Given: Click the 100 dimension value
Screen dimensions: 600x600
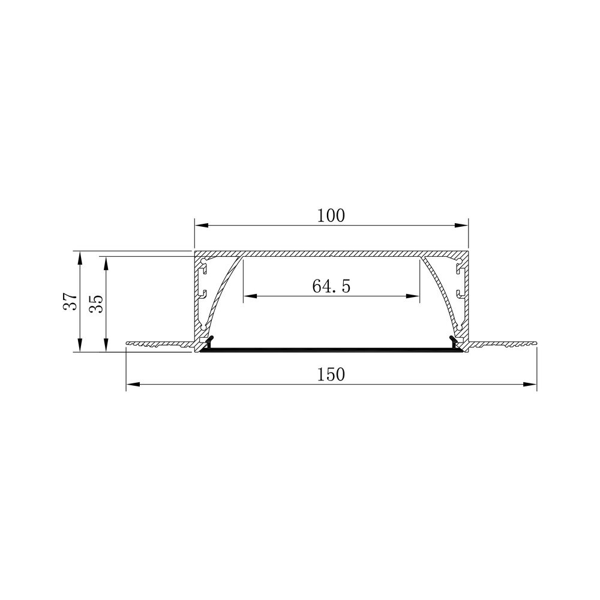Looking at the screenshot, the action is point(331,216).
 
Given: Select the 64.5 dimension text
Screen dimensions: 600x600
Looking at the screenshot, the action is point(331,286).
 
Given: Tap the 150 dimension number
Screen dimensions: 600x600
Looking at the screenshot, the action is point(331,374).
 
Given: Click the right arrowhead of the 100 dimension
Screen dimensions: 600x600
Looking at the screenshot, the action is point(461,226).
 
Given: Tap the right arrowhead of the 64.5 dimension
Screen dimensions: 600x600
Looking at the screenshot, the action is point(413,296).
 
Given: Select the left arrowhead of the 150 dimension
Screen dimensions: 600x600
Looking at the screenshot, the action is point(133,384).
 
